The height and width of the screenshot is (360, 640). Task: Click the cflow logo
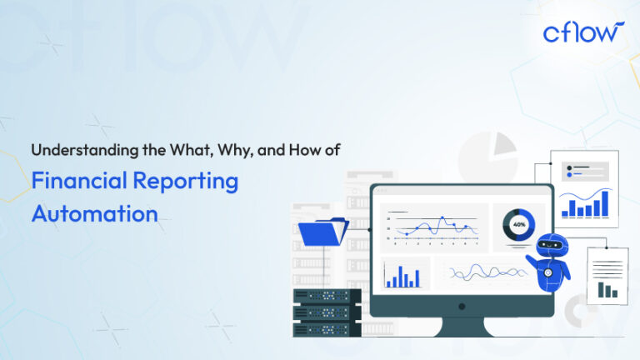point(582,32)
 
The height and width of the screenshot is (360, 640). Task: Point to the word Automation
point(94,212)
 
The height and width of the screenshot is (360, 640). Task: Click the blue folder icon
point(322,231)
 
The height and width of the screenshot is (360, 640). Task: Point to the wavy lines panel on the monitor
point(482,272)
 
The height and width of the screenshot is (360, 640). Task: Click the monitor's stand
point(462,326)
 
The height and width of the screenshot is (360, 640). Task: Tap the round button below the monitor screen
point(462,306)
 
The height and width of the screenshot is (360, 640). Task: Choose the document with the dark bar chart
point(609,275)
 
